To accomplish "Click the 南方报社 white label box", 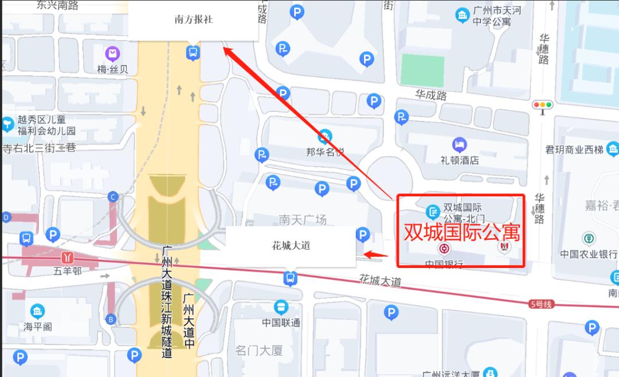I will tap(193, 20).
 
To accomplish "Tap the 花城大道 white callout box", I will tap(291, 246).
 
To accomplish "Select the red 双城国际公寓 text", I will tap(462, 232).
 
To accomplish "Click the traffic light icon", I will tap(542, 105).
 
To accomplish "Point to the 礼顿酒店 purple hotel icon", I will tap(459, 145).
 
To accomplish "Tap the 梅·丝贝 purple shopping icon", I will tap(113, 55).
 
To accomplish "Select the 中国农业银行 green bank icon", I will tap(589, 238).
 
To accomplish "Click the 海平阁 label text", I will tap(38, 327).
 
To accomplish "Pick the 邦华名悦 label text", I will tap(325, 152).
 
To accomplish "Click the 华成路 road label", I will tap(431, 95).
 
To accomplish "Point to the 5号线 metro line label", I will tap(540, 304).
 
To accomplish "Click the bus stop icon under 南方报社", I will tap(193, 53).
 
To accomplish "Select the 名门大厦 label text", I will tap(259, 350).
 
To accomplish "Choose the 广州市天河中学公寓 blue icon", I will tap(463, 15).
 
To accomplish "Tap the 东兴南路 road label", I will tap(57, 5).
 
